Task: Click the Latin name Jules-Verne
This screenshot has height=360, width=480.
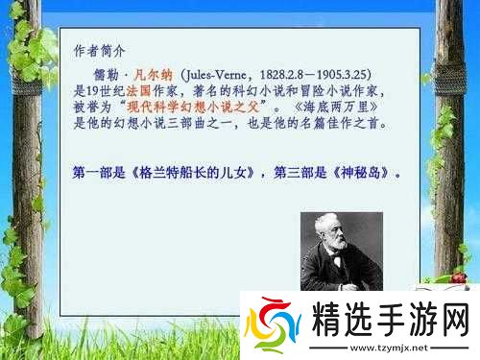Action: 220,74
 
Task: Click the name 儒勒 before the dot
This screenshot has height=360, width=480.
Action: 106,74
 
